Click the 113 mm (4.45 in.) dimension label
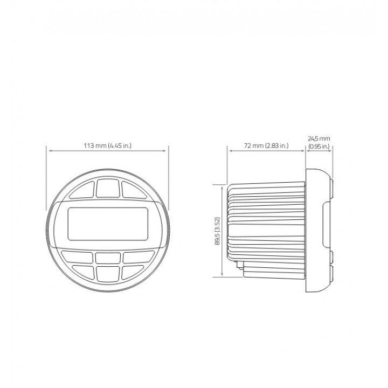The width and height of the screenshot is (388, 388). (x=108, y=145)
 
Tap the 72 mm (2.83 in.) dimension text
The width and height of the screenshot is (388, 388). (x=266, y=145)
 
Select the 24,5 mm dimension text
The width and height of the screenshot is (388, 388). (x=319, y=138)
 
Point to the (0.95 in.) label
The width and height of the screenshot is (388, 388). (x=319, y=147)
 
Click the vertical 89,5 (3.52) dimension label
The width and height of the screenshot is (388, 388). (x=218, y=231)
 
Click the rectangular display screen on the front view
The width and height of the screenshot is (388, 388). (x=108, y=224)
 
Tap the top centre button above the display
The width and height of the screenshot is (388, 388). (x=108, y=188)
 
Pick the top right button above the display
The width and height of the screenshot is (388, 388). (x=134, y=190)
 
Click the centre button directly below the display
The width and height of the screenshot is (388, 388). (x=108, y=258)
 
